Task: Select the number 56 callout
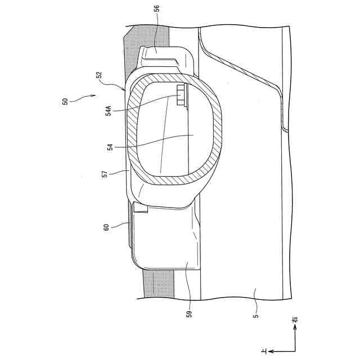pyautogui.click(x=156, y=9)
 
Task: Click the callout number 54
pyautogui.click(x=111, y=147)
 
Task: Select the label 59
pyautogui.click(x=190, y=312)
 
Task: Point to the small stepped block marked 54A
pyautogui.click(x=180, y=96)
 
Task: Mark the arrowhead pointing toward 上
pyautogui.click(x=271, y=350)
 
